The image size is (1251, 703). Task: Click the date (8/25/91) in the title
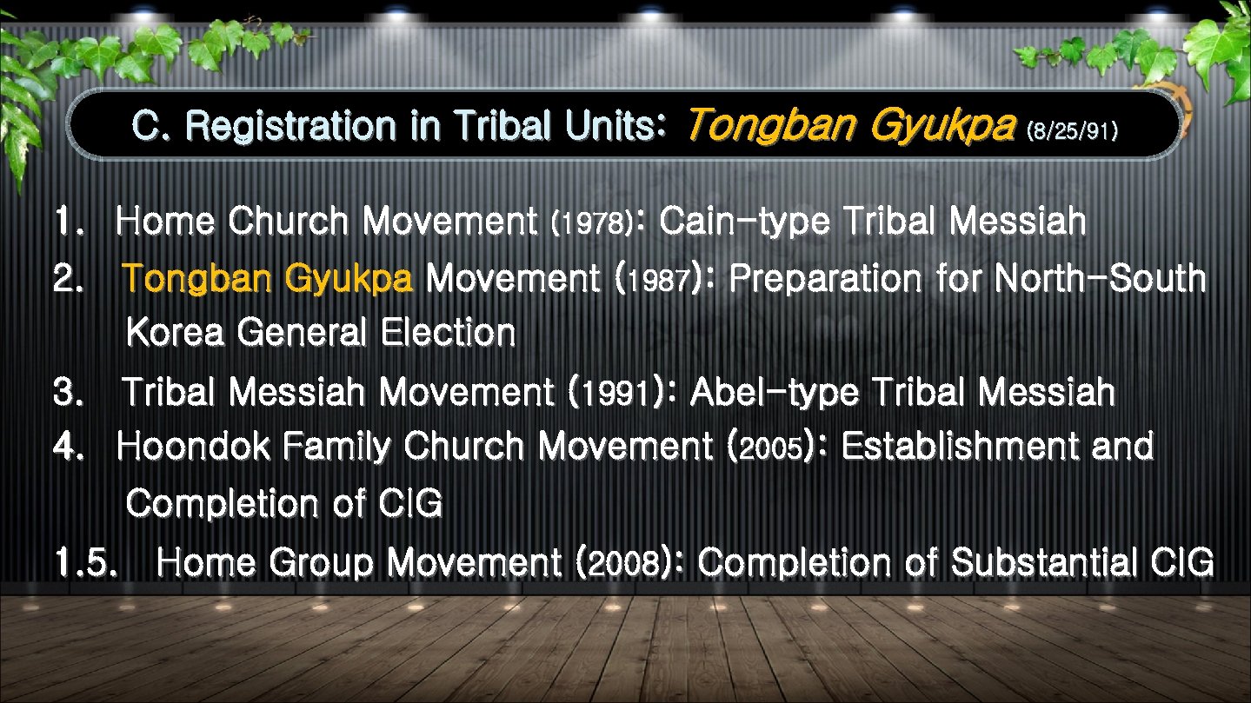click(1071, 132)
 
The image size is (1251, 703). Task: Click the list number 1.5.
click(84, 564)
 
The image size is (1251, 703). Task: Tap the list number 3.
click(65, 394)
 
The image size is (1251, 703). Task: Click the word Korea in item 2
click(175, 333)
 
